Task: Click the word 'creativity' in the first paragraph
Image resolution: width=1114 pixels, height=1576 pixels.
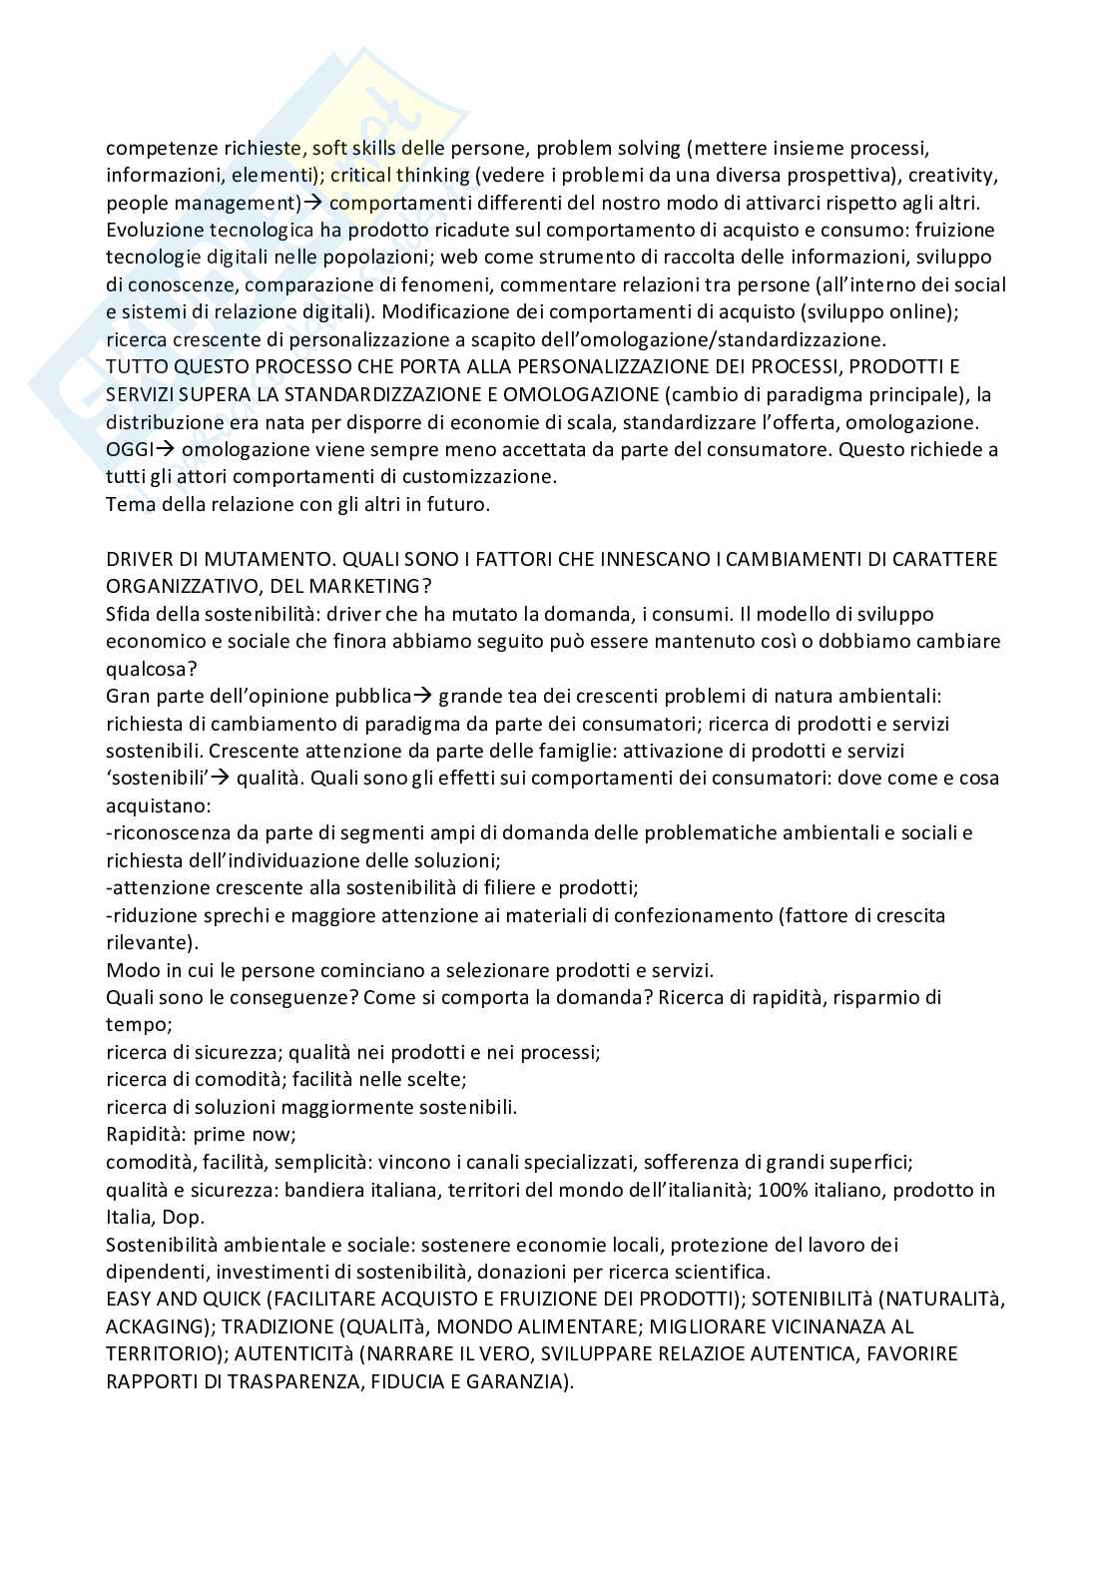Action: pyautogui.click(x=937, y=176)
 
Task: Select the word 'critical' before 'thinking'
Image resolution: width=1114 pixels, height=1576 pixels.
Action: pyautogui.click(x=361, y=176)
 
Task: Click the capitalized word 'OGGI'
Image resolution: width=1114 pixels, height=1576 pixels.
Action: pyautogui.click(x=129, y=449)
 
